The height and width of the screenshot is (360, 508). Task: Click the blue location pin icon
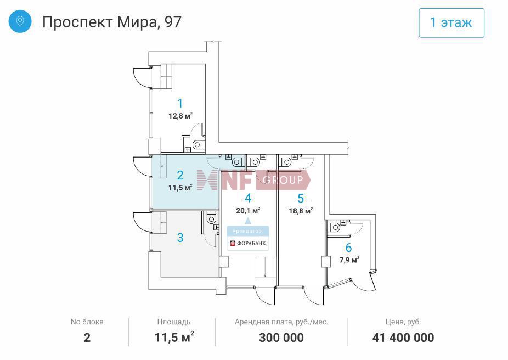click(20, 21)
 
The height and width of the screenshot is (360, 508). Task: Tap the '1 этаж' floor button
click(451, 23)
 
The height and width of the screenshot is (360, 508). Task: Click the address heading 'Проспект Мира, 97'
click(112, 22)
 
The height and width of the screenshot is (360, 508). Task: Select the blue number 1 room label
click(180, 103)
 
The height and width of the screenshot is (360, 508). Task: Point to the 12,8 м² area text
click(180, 116)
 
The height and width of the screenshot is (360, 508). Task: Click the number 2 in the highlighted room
click(180, 175)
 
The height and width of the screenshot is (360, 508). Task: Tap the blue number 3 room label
click(180, 238)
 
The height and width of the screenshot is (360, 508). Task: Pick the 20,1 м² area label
click(248, 210)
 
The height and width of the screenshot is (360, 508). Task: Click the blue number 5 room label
click(301, 198)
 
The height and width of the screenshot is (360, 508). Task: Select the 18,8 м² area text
click(301, 211)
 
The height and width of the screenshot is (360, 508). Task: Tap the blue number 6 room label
click(348, 248)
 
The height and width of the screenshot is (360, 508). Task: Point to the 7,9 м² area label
click(349, 260)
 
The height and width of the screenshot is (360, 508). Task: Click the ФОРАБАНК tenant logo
click(248, 243)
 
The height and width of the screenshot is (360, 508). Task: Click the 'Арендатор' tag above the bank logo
click(247, 232)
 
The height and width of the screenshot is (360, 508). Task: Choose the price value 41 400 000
click(403, 337)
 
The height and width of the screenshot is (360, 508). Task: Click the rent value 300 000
click(281, 337)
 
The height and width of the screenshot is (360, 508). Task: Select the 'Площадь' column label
click(174, 322)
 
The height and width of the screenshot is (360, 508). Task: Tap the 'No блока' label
click(87, 322)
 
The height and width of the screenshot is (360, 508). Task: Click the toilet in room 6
click(334, 227)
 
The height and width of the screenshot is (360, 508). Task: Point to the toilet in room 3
click(211, 219)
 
